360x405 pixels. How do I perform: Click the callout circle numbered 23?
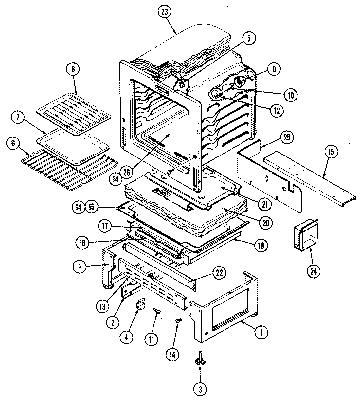click(164, 12)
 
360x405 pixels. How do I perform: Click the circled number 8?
click(72, 69)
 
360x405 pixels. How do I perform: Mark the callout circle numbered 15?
click(332, 152)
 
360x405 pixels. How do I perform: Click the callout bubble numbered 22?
click(219, 273)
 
